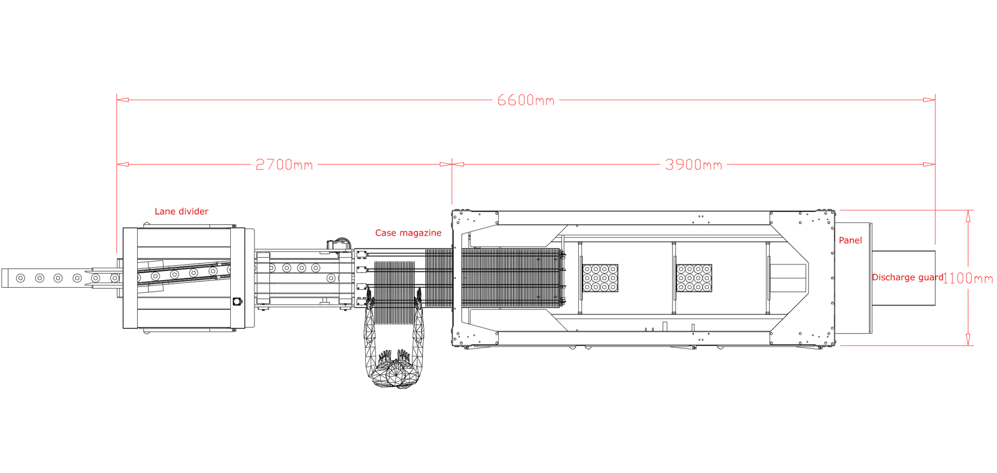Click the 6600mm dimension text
point(525,100)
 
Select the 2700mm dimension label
point(284,164)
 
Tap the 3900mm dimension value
point(693,164)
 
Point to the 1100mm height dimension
point(967,278)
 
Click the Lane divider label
point(181,211)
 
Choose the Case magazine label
point(408,233)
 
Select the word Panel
point(850,240)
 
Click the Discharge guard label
point(907,277)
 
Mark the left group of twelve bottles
point(600,278)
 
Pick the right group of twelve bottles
point(694,278)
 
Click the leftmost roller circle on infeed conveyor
point(20,278)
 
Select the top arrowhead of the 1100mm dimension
point(968,215)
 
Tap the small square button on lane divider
point(237,302)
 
